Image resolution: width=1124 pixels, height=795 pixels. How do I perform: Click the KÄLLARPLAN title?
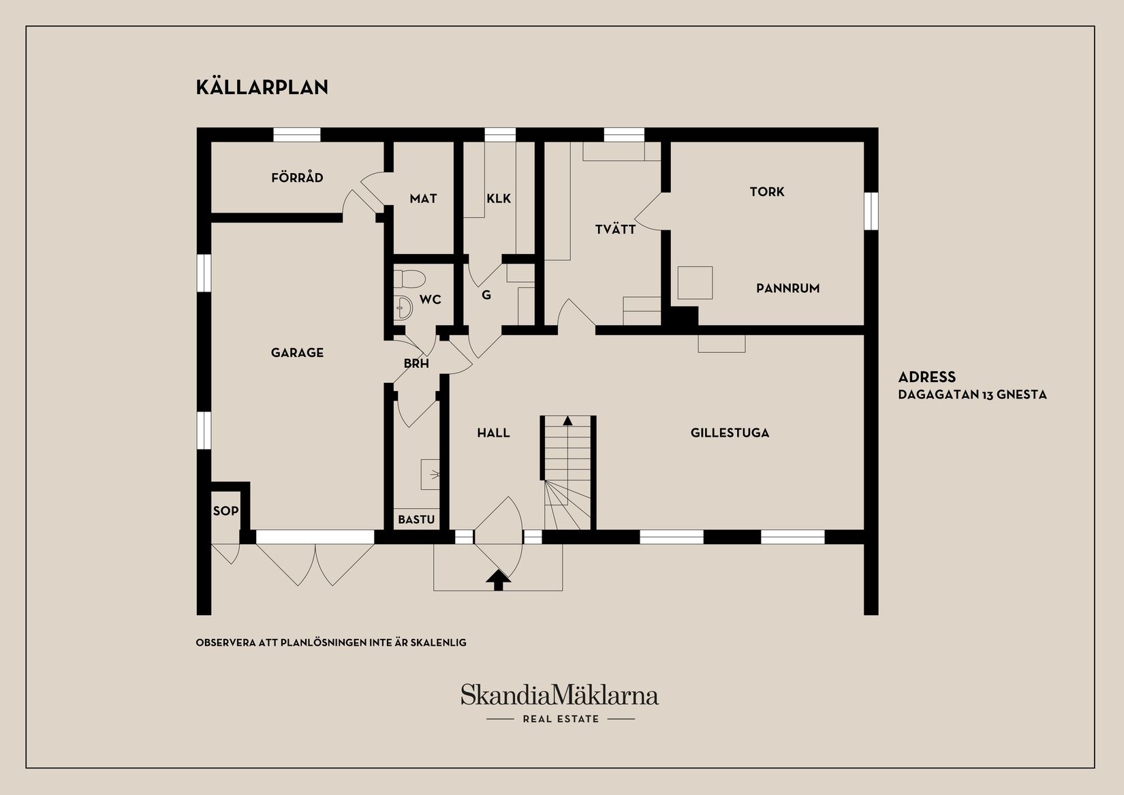tap(262, 87)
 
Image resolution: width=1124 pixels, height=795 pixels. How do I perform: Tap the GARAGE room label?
tap(297, 352)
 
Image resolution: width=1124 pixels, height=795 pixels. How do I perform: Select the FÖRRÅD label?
tap(297, 178)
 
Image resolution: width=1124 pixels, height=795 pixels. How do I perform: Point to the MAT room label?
tap(423, 199)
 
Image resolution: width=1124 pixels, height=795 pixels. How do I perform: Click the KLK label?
tap(499, 199)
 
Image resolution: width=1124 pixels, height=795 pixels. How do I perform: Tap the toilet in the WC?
tap(409, 279)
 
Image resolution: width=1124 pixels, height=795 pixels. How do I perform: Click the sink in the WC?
tap(403, 308)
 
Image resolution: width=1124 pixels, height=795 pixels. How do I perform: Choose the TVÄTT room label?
tap(615, 230)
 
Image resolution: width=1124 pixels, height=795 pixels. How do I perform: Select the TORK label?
tap(767, 192)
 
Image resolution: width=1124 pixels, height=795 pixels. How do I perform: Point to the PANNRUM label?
tap(787, 288)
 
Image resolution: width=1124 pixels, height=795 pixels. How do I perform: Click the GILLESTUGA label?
tap(730, 433)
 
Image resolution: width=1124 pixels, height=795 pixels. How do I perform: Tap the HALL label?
tap(493, 433)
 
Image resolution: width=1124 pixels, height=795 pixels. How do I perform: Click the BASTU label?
tap(416, 520)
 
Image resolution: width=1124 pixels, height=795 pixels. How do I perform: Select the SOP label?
tap(225, 510)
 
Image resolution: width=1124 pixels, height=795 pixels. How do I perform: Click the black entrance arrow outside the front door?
tap(498, 580)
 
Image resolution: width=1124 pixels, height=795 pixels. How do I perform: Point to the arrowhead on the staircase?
tap(567, 420)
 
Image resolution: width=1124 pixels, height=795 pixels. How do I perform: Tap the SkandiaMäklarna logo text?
tap(559, 696)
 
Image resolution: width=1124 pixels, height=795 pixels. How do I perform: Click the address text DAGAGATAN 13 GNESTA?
tap(972, 394)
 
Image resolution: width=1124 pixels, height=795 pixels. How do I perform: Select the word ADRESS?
tap(926, 377)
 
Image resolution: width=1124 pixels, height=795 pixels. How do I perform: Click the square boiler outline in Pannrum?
tap(695, 283)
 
